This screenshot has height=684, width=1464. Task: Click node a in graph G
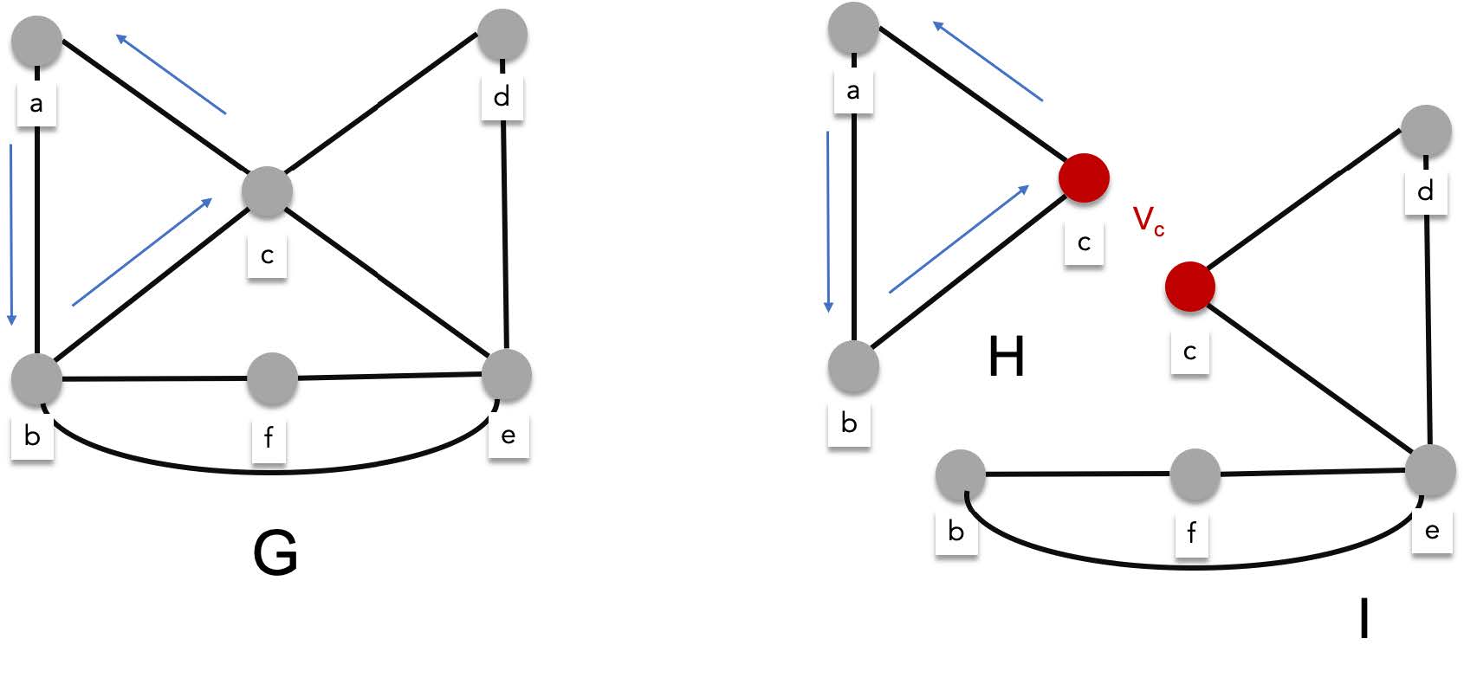36,40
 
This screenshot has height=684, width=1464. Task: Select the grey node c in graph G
267,191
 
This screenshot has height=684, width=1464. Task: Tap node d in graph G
502,35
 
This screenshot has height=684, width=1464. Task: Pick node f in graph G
272,378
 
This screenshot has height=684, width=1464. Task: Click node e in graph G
506,375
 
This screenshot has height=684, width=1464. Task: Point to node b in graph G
36,378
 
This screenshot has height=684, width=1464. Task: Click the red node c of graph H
1084,177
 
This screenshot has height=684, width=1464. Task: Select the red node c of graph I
1189,287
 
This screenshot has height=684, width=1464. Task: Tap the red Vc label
1149,221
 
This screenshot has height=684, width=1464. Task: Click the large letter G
275,552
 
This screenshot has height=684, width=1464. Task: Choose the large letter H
1006,357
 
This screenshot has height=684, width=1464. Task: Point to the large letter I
1364,619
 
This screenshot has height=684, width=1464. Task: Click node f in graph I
1195,474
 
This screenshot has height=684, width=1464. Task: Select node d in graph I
1426,131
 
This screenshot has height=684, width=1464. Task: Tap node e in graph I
1429,471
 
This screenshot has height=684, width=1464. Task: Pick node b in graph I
961,474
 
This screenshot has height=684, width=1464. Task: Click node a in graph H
854,28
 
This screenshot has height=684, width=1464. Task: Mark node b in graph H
853,366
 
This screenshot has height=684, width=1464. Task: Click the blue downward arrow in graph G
11,234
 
